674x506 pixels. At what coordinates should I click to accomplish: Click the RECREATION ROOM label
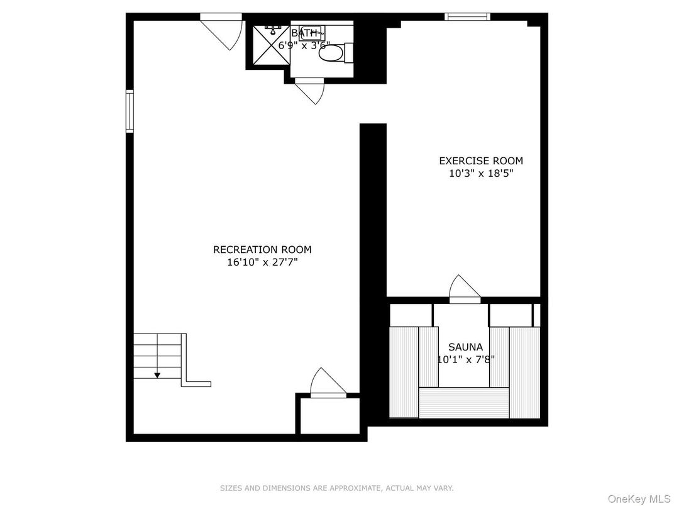(262, 250)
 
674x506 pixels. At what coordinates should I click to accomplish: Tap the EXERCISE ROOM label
(481, 161)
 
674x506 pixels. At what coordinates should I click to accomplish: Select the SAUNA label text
(465, 347)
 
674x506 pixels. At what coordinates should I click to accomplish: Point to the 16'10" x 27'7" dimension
(262, 262)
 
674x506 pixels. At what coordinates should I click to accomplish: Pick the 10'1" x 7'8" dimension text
(465, 359)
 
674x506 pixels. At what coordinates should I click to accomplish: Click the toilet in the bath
(333, 52)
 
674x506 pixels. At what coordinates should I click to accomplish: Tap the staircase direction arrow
(157, 375)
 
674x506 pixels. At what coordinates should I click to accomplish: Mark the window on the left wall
(130, 111)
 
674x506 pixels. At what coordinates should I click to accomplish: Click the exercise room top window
(467, 17)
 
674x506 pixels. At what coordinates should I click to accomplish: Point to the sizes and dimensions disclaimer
(336, 488)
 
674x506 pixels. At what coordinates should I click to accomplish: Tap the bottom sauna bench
(464, 403)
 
